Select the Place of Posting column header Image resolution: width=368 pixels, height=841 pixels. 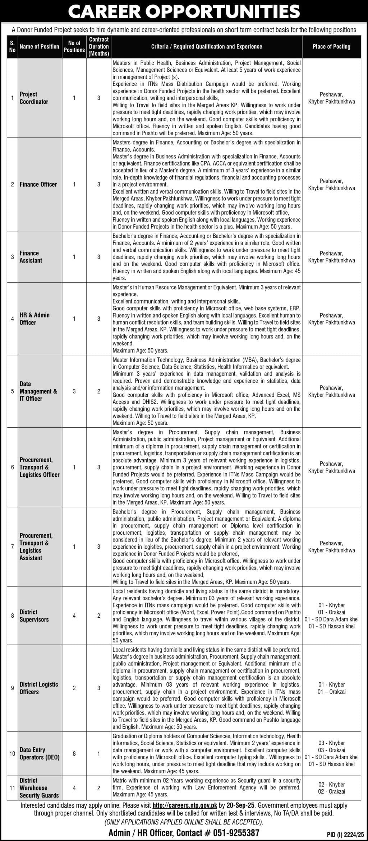pos(331,47)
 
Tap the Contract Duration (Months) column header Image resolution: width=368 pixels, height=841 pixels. pos(99,47)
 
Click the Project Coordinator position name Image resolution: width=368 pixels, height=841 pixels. pos(34,98)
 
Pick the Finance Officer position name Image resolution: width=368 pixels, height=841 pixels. pos(38,185)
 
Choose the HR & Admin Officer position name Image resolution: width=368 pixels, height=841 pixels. pos(34,319)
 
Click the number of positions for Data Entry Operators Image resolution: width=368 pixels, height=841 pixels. pos(74,754)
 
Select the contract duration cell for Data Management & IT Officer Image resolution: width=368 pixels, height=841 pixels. pos(99,391)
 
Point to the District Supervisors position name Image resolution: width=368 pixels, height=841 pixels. pos(34,616)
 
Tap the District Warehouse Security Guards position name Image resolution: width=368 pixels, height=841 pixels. pos(39,788)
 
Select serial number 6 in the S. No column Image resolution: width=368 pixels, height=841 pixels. pos(13,467)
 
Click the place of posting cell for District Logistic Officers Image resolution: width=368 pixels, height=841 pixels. pos(331,688)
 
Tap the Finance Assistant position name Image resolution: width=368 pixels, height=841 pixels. pos(31,257)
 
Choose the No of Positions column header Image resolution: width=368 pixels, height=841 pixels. pos(74,47)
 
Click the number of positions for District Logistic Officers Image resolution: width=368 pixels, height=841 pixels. pos(74,688)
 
